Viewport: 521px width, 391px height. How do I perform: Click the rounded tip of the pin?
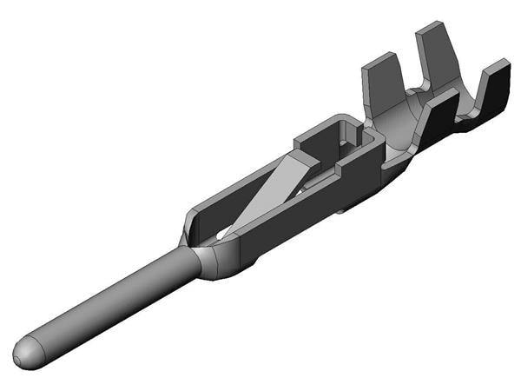[x=25, y=351]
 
